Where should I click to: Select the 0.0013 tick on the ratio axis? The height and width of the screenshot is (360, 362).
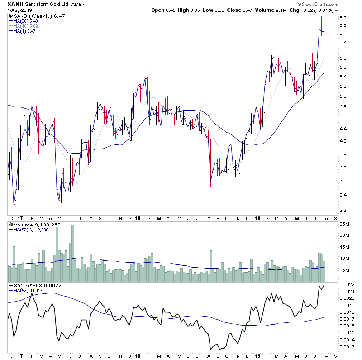[x=347, y=347]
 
